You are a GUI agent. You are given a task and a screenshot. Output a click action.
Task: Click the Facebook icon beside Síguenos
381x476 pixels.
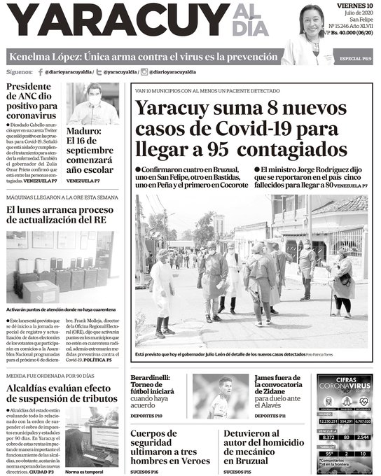pyautogui.click(x=40, y=72)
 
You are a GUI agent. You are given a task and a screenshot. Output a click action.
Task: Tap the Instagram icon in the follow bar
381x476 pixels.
pyautogui.click(x=144, y=72)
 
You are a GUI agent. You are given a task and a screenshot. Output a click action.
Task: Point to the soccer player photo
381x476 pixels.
pyautogui.click(x=221, y=395)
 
